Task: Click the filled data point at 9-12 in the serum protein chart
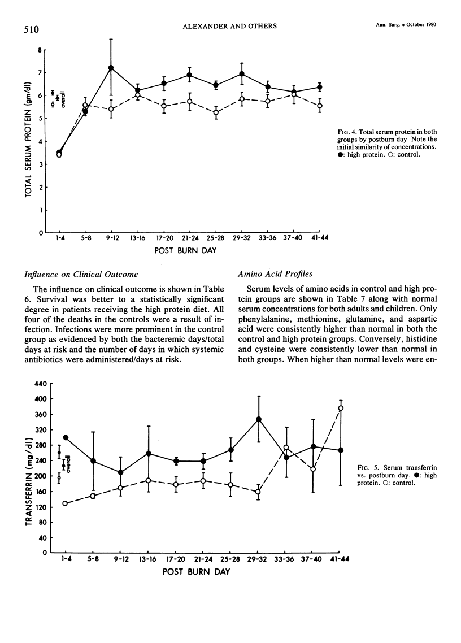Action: pos(111,68)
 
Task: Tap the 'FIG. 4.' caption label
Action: pos(345,131)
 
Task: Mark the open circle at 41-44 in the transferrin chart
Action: pos(341,409)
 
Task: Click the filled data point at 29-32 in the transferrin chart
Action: pos(259,419)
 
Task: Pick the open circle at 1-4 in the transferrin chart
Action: pos(65,503)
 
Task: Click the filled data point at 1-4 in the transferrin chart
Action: pos(65,438)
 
